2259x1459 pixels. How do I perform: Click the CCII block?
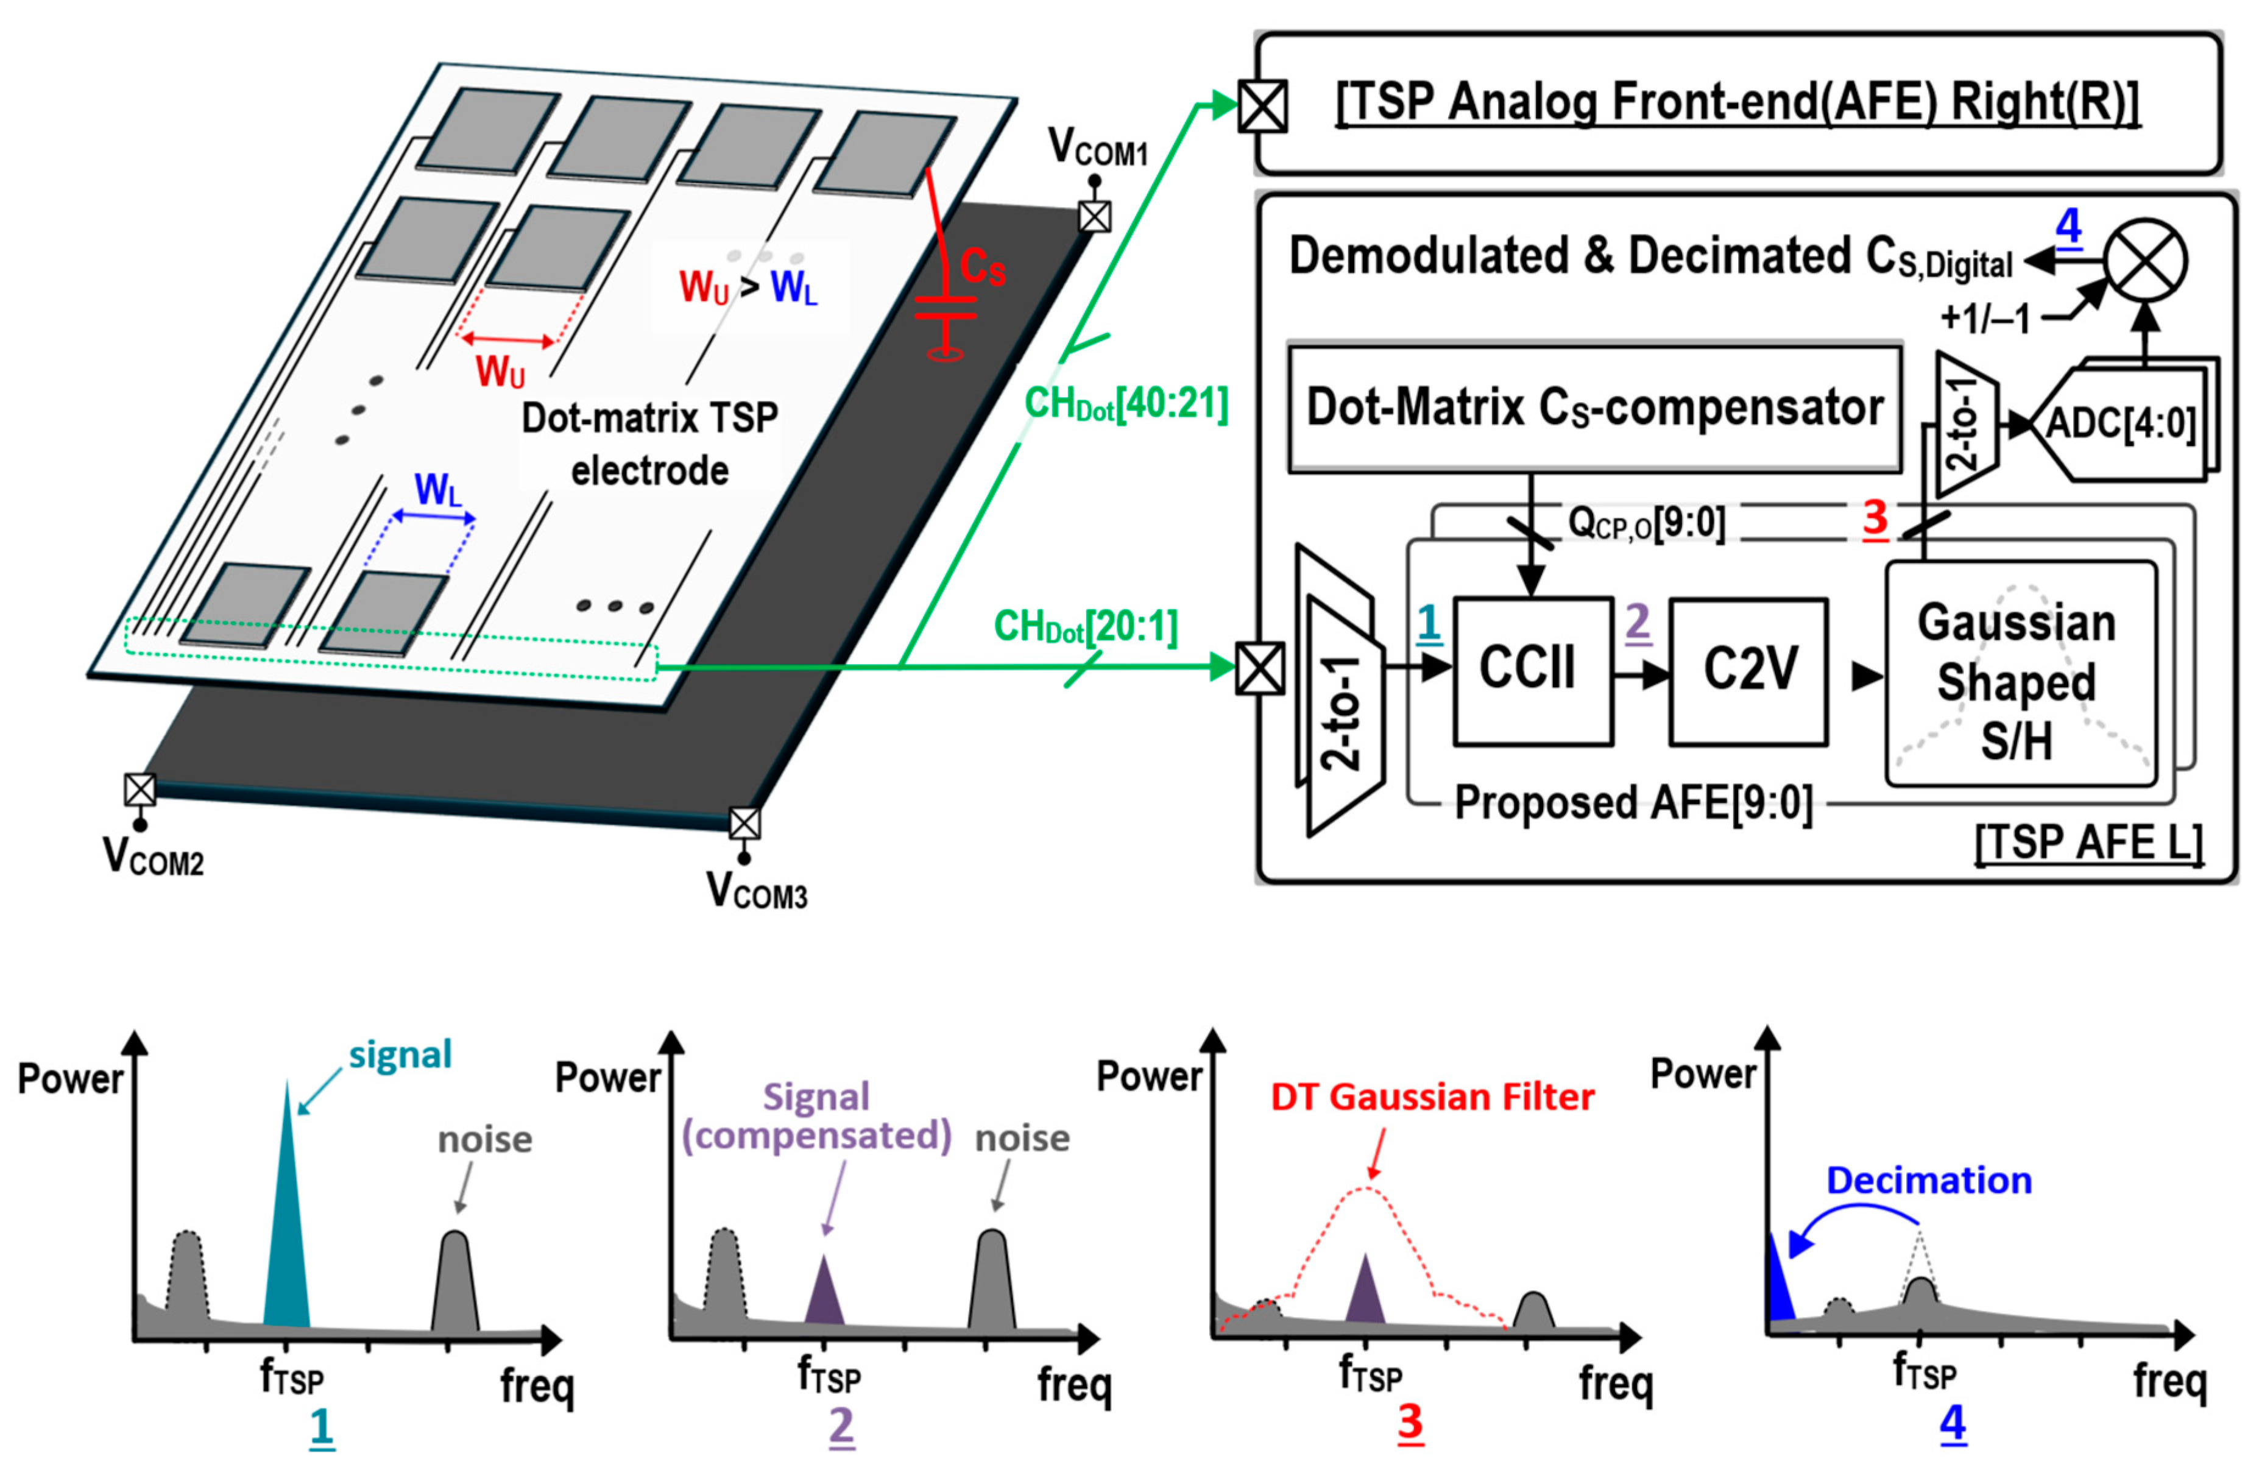pos(1532,671)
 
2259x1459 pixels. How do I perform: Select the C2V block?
pos(1747,671)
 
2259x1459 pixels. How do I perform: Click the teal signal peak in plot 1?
pos(286,1232)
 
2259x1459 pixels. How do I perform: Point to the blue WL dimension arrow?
pos(434,517)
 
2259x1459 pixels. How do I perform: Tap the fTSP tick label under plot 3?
pos(1370,1374)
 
